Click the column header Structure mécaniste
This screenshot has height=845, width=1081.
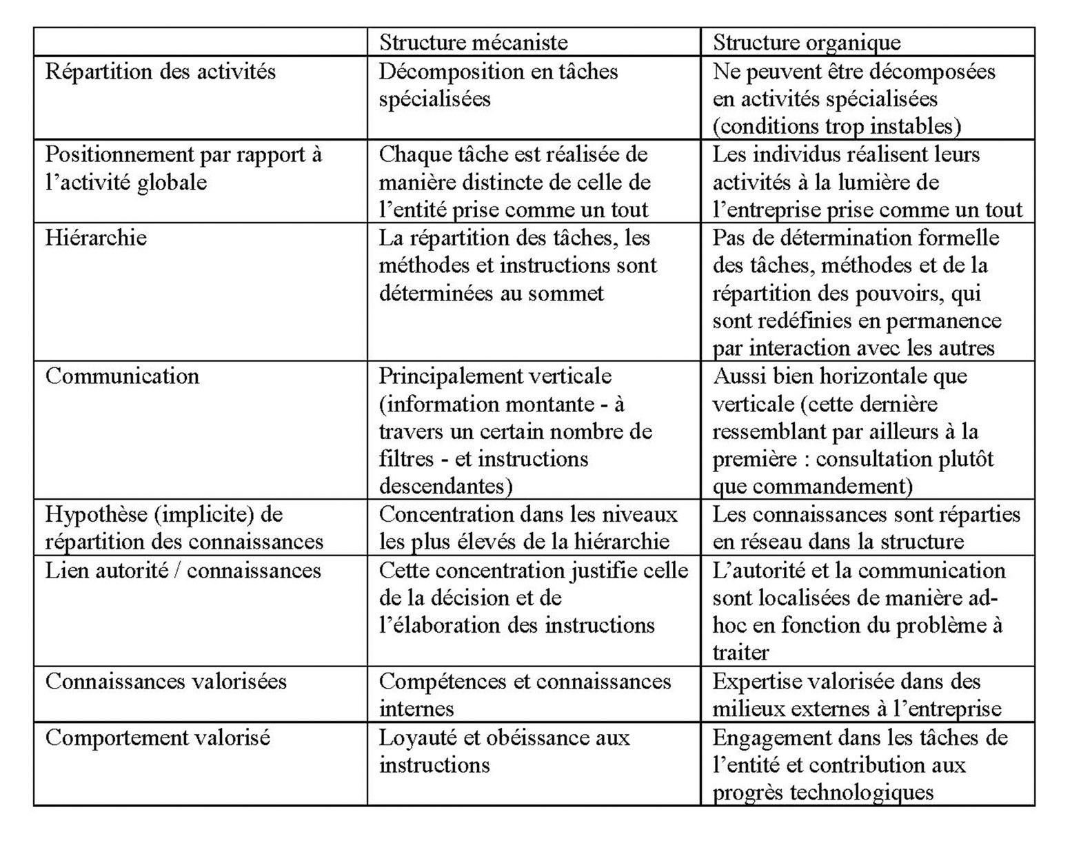(474, 43)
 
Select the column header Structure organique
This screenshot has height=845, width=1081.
(807, 43)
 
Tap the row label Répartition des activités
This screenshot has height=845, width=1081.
(161, 72)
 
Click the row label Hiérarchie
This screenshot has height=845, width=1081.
(96, 238)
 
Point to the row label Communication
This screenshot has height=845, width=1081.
(122, 376)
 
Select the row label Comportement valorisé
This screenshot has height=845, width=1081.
(158, 737)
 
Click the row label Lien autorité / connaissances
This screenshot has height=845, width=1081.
(183, 571)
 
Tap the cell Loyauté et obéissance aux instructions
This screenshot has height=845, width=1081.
(504, 751)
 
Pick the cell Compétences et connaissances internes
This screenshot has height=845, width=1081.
(525, 695)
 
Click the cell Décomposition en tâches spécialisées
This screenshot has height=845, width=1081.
(498, 85)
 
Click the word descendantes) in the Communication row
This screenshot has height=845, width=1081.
(446, 487)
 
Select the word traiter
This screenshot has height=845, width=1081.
(740, 653)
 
